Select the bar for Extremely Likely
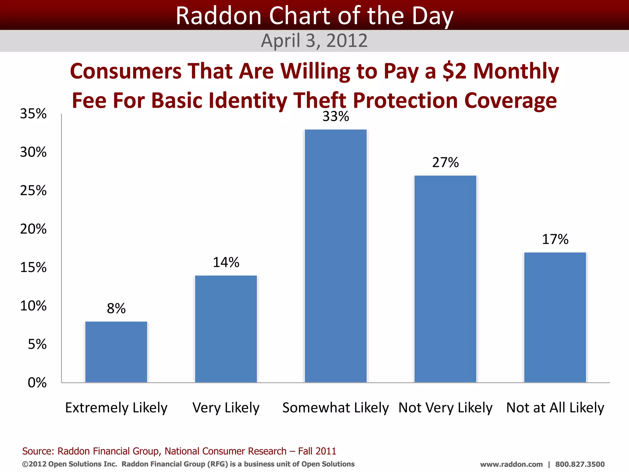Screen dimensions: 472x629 (x=116, y=352)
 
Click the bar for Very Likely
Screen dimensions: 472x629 (x=226, y=329)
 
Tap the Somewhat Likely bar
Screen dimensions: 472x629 (x=336, y=256)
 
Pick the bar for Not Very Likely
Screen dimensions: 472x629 (x=445, y=279)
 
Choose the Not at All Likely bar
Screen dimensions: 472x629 (x=555, y=317)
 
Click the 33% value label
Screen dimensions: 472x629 (x=336, y=116)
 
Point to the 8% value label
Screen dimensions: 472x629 (x=116, y=309)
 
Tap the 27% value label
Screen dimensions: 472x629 (x=445, y=163)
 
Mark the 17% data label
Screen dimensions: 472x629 (x=555, y=239)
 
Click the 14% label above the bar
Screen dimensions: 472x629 (x=226, y=262)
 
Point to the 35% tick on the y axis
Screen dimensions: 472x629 (x=33, y=114)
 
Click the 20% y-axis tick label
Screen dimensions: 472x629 (x=33, y=229)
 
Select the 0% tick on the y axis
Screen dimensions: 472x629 (x=37, y=383)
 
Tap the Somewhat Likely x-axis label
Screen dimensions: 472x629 (x=335, y=408)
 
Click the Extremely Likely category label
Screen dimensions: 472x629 (x=116, y=408)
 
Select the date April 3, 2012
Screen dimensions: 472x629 (x=314, y=41)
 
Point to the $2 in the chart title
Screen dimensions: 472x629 (x=455, y=71)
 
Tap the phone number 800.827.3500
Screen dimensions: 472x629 (x=580, y=464)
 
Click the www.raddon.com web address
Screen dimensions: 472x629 (x=511, y=464)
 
